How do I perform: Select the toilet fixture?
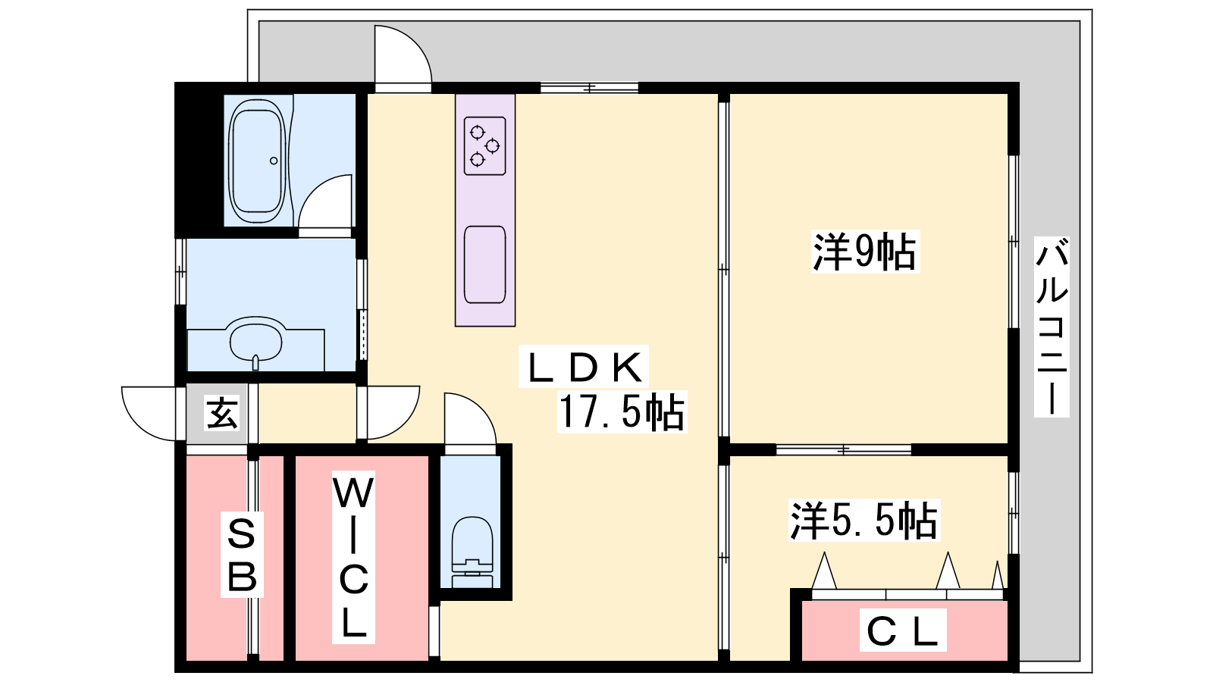(x=472, y=552)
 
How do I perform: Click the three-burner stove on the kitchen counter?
(x=484, y=146)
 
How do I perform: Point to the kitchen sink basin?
(x=484, y=264)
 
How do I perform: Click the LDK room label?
(x=584, y=367)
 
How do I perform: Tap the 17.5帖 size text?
(x=622, y=412)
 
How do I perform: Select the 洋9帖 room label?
(x=865, y=252)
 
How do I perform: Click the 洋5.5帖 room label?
(x=864, y=521)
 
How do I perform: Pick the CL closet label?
(x=903, y=630)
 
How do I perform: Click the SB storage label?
(x=242, y=554)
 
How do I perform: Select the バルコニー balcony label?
(x=1052, y=327)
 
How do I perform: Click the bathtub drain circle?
(x=274, y=161)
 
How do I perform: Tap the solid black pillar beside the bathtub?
(x=199, y=160)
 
